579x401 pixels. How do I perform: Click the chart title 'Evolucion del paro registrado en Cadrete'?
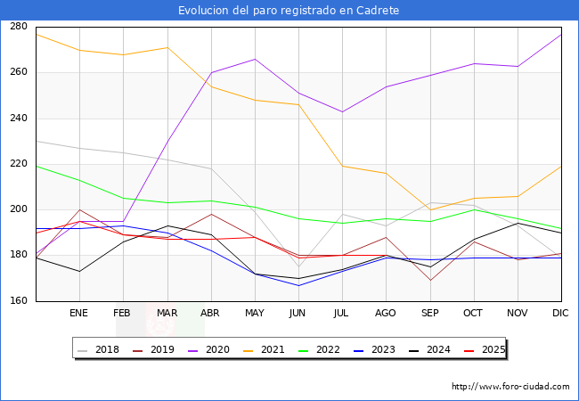[289, 10]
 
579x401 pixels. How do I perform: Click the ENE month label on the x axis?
[79, 314]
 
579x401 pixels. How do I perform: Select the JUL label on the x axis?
[342, 314]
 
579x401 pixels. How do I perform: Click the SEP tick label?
[429, 314]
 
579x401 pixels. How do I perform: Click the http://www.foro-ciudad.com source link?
[510, 387]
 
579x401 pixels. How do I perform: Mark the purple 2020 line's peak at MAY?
[255, 59]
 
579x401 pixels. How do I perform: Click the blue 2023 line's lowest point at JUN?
[298, 285]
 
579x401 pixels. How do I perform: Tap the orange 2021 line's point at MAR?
[167, 47]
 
